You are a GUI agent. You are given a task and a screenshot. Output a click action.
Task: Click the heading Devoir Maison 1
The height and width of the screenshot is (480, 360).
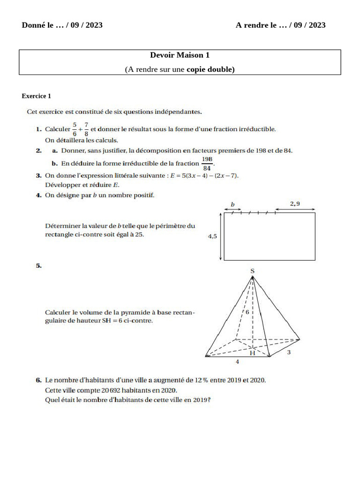pyautogui.click(x=180, y=55)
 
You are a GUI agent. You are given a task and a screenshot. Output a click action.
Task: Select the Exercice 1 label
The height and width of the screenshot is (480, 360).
pyautogui.click(x=36, y=96)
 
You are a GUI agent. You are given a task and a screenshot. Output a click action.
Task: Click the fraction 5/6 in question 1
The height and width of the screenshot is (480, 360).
pyautogui.click(x=74, y=129)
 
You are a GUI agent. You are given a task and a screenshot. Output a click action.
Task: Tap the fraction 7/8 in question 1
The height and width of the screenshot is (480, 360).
pyautogui.click(x=86, y=129)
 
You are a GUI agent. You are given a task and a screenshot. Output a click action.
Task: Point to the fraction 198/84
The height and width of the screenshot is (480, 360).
pyautogui.click(x=207, y=164)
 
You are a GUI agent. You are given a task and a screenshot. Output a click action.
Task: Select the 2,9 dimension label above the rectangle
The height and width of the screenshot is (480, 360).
pyautogui.click(x=294, y=203)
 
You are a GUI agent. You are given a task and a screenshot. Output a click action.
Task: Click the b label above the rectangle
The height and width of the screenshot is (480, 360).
pyautogui.click(x=232, y=204)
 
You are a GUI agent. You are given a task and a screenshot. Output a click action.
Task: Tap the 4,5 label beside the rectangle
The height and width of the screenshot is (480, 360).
pyautogui.click(x=212, y=237)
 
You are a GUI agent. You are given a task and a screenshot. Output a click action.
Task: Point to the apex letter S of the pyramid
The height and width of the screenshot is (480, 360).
pyautogui.click(x=253, y=271)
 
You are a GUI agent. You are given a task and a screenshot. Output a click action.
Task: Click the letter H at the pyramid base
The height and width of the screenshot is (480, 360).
pyautogui.click(x=252, y=353)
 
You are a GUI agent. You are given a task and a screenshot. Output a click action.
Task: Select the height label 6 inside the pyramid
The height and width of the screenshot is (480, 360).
pyautogui.click(x=247, y=312)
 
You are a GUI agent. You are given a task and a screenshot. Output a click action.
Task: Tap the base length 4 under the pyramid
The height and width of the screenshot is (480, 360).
pyautogui.click(x=238, y=362)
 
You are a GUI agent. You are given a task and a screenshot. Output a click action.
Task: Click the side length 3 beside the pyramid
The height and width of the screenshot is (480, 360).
pyautogui.click(x=289, y=352)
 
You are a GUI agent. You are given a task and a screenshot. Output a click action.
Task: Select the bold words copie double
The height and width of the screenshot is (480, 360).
pyautogui.click(x=210, y=69)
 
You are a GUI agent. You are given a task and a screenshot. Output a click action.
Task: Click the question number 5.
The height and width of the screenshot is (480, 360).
pyautogui.click(x=38, y=266)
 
